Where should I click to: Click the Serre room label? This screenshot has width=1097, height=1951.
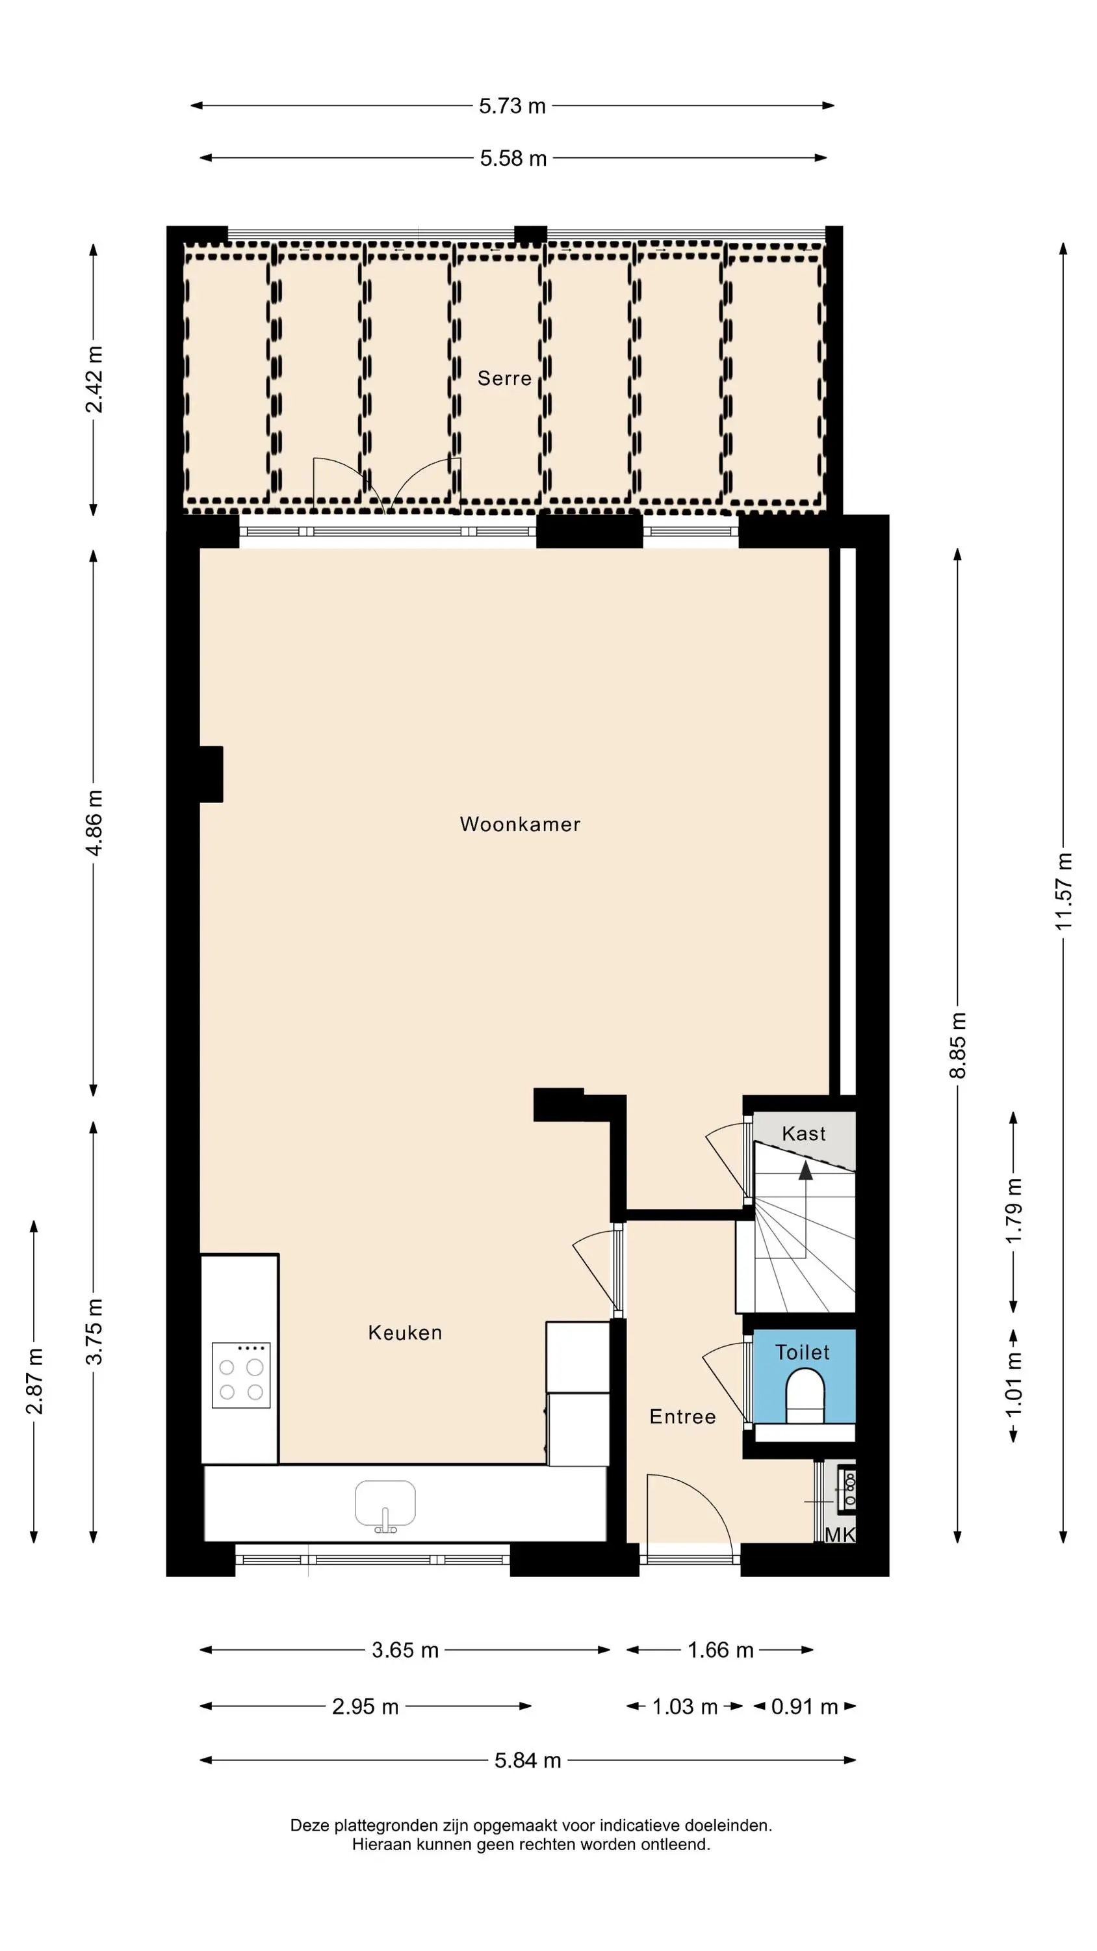point(504,378)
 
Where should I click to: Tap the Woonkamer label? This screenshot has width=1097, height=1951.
point(520,824)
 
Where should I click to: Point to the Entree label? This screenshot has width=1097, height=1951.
point(683,1417)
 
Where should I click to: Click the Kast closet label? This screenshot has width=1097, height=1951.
point(803,1134)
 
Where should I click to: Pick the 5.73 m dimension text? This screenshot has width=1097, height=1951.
point(513,106)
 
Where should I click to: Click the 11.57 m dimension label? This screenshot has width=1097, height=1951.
point(1064,892)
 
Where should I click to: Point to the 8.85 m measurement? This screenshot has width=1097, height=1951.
point(958,1045)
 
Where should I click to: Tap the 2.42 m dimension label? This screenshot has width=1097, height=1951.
point(94,378)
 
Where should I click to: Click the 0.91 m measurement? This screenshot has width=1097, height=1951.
point(805,1707)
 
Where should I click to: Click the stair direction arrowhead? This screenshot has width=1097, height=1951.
point(805,1171)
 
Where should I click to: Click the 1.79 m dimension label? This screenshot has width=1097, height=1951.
point(1014,1210)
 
